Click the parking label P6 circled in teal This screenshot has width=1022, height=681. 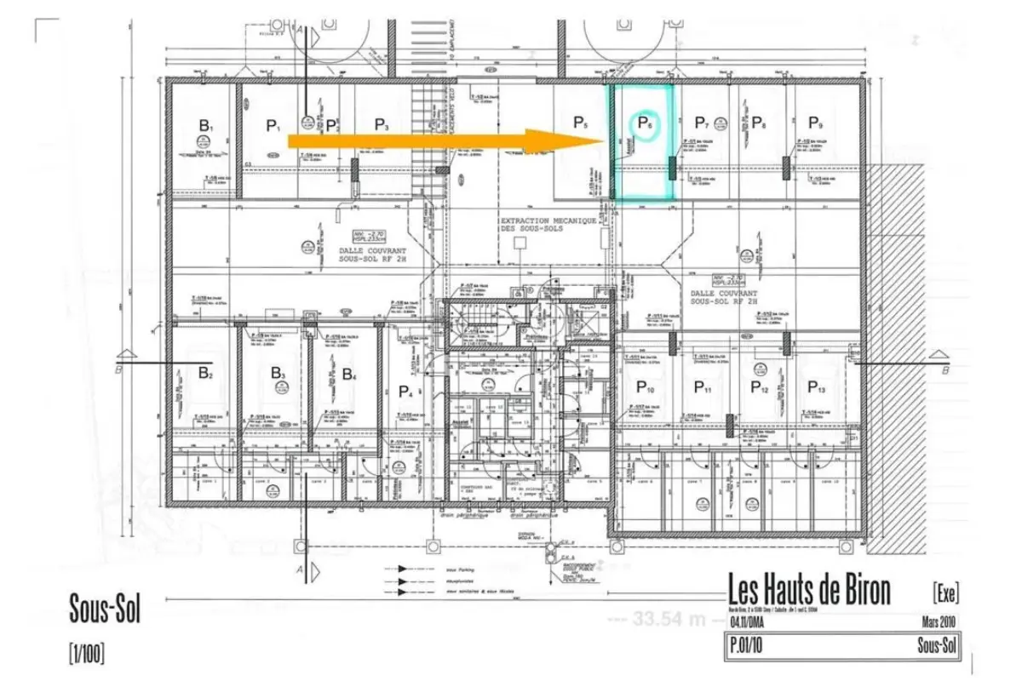(645, 124)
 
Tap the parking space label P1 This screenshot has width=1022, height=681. (273, 126)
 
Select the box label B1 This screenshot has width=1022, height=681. (205, 126)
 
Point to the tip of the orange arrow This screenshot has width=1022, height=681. (604, 140)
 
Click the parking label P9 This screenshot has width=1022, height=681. (815, 122)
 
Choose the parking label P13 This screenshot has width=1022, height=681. (815, 387)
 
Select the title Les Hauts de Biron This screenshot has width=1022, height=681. (809, 589)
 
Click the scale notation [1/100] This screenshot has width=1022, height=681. (87, 655)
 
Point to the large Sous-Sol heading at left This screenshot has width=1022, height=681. (105, 609)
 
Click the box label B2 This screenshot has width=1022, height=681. (205, 372)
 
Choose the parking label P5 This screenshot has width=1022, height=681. (580, 123)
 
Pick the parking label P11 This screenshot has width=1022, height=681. (702, 388)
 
